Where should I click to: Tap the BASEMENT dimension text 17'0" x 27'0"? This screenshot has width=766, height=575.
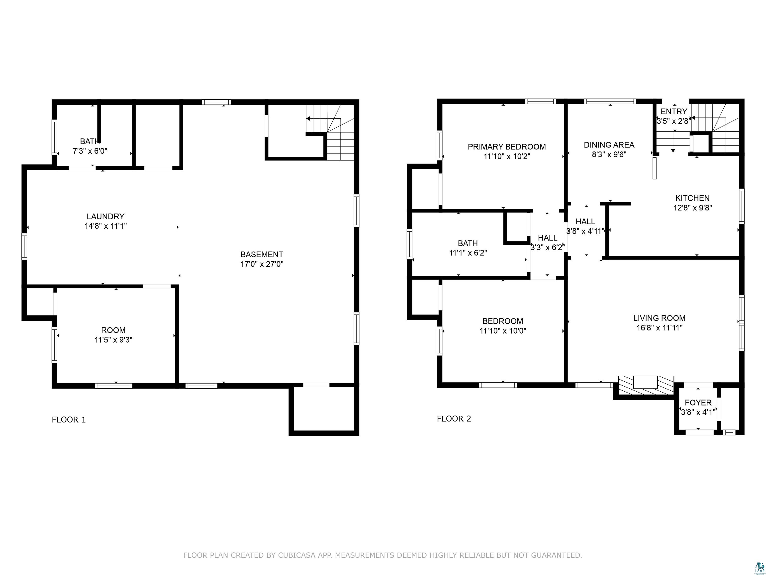click(262, 264)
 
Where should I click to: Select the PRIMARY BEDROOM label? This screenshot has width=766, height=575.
click(507, 146)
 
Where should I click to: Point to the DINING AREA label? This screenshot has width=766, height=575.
click(609, 145)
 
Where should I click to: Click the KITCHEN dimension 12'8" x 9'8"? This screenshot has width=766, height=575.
click(693, 208)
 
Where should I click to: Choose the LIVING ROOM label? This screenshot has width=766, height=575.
click(659, 318)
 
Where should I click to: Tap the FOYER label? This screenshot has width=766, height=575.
click(698, 403)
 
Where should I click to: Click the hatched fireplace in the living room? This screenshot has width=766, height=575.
click(646, 385)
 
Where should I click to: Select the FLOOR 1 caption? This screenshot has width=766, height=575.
click(69, 420)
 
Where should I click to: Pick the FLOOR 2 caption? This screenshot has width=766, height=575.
click(454, 419)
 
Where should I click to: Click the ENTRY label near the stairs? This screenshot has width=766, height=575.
click(674, 112)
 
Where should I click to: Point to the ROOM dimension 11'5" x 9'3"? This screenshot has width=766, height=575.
click(114, 340)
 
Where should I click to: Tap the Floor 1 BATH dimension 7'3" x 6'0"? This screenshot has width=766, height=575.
click(90, 151)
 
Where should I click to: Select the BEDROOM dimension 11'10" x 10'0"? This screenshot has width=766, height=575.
click(503, 331)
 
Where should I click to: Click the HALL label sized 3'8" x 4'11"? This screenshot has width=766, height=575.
click(585, 221)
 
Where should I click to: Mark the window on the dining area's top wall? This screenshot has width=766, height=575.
click(610, 101)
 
